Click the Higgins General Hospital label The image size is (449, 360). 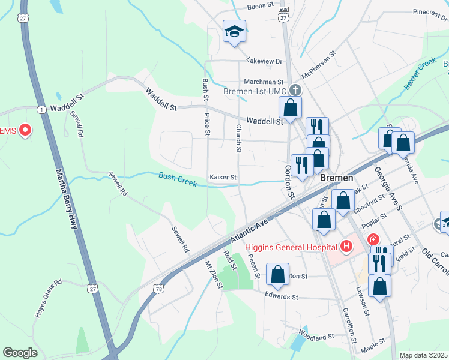tap(291, 247)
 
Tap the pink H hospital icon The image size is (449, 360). tap(346, 246)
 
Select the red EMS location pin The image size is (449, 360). tap(25, 130)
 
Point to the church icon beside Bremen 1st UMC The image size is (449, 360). tap(294, 91)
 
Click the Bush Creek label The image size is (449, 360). tap(178, 178)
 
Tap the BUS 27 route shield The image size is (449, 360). tap(284, 14)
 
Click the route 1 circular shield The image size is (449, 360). tap(41, 109)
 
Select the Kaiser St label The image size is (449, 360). tap(223, 178)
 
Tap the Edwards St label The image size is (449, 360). tap(282, 296)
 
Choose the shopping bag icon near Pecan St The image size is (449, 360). tap(278, 275)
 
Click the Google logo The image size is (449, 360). tap(20, 352)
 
